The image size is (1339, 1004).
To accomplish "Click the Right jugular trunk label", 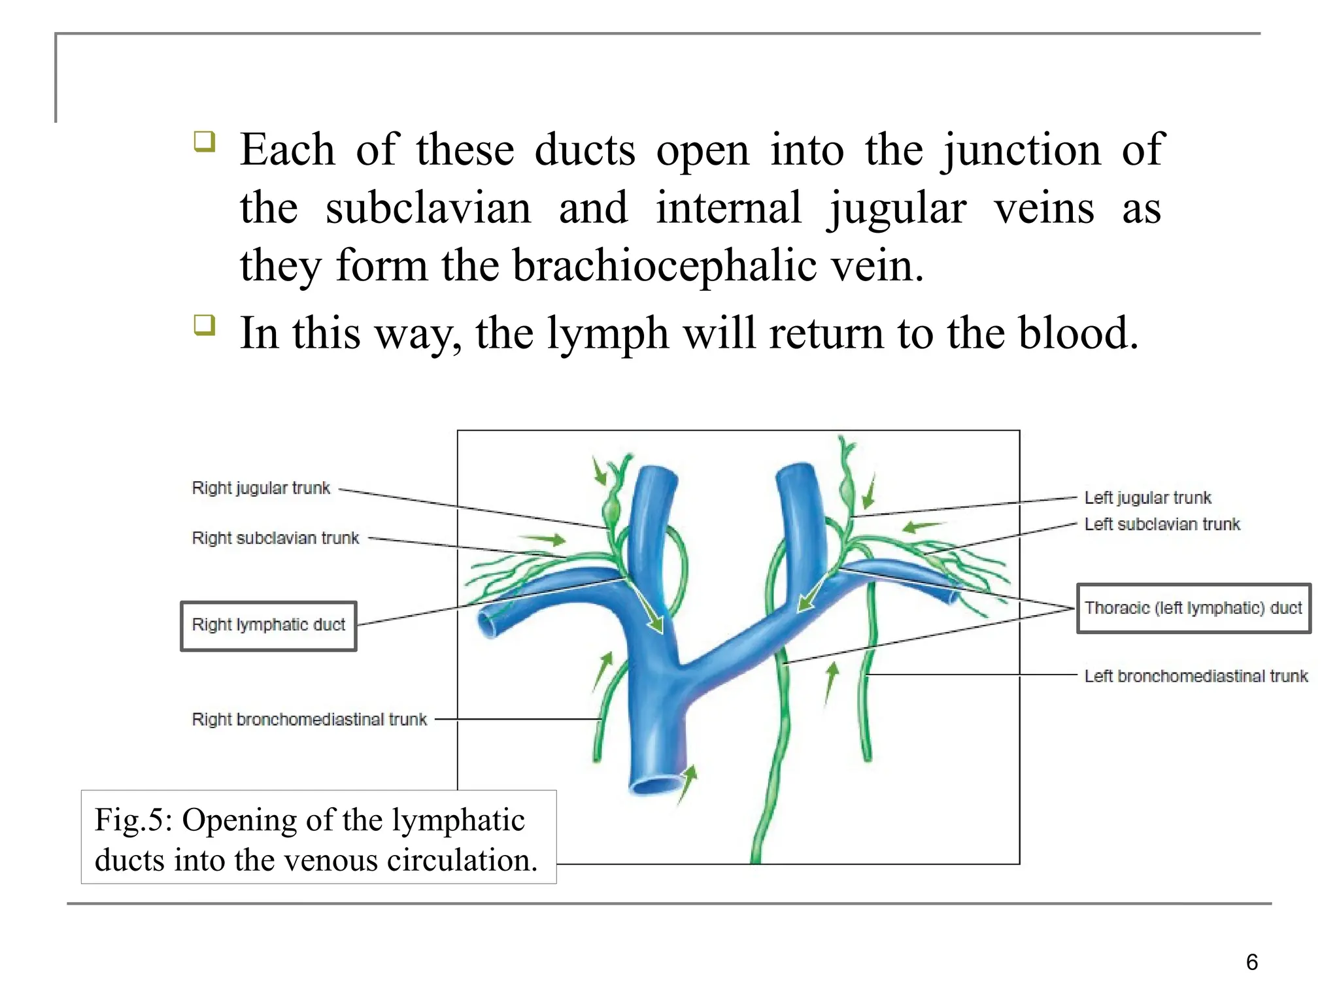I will click(x=261, y=488).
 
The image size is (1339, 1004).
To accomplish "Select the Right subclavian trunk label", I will click(x=275, y=538).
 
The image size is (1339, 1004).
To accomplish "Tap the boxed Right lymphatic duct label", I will click(x=269, y=626).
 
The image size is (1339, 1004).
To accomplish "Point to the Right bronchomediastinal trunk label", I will click(x=309, y=719).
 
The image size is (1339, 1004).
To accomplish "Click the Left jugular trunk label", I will click(x=1147, y=498).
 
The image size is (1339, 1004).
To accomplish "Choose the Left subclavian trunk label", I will click(x=1162, y=524).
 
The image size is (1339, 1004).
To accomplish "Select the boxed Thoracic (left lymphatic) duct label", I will click(x=1193, y=609).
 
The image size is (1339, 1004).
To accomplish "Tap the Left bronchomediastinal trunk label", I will click(x=1196, y=676).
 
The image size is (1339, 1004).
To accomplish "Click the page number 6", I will click(x=1251, y=962).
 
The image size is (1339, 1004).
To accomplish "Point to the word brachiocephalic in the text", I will click(x=664, y=267).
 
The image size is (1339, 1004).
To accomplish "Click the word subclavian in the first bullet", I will click(x=428, y=209).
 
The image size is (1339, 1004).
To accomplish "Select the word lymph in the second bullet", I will click(x=607, y=334).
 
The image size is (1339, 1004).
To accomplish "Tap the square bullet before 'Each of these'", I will click(x=205, y=141).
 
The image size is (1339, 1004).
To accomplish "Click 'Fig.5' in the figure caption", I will click(x=133, y=820).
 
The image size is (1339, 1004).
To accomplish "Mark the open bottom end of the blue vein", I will click(x=656, y=784).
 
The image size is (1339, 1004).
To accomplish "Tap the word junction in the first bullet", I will click(x=1021, y=150).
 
